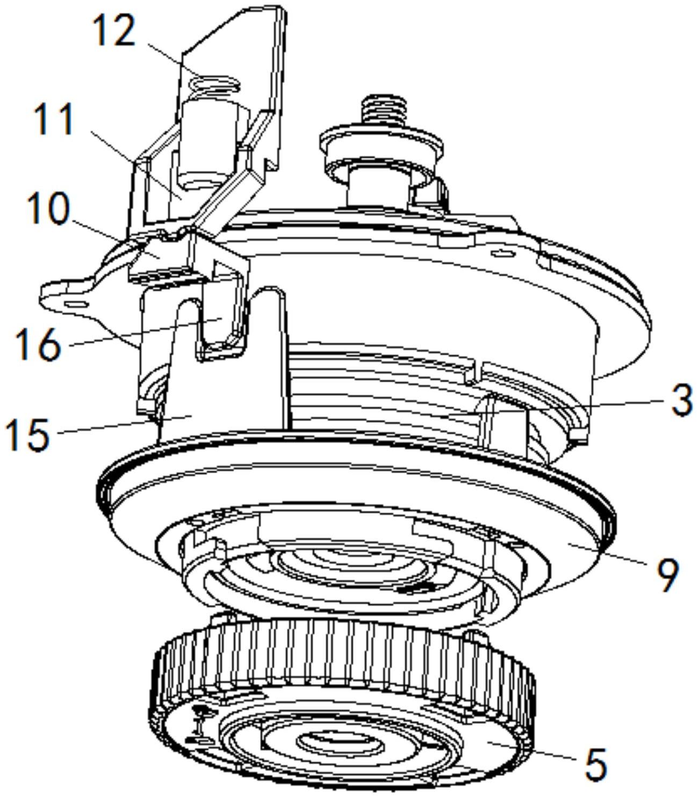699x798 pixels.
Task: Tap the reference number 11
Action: (x=54, y=119)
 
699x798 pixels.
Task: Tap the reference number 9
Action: (x=667, y=575)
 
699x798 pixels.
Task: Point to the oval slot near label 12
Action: (x=214, y=83)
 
